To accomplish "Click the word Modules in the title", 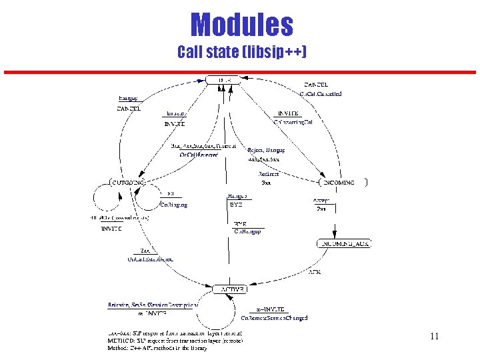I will [241, 25].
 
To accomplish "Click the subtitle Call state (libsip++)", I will [241, 52].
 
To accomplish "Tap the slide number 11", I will [434, 337].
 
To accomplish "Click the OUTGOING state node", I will [127, 182].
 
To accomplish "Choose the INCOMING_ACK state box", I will [344, 244].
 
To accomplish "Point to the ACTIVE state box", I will [229, 289].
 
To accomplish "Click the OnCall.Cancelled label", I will [321, 94].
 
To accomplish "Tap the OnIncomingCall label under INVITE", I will [293, 122].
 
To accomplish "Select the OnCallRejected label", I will [199, 155].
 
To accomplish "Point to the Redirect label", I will [268, 174].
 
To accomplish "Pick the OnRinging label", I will [173, 205].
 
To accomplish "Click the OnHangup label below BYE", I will [247, 231].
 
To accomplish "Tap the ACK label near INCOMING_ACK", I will [315, 272].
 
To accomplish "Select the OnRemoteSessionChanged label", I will [274, 318].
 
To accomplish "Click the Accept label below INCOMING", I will [321, 200].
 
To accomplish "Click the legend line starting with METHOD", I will [175, 340].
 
